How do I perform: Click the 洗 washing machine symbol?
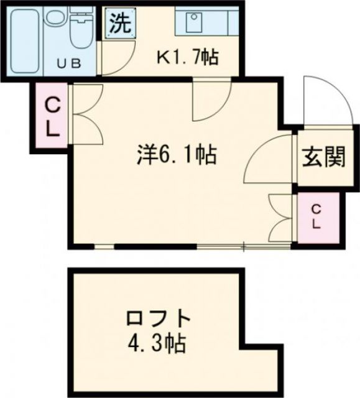pyautogui.click(x=119, y=24)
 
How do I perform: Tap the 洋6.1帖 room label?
pyautogui.click(x=177, y=155)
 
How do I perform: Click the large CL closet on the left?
pyautogui.click(x=52, y=117)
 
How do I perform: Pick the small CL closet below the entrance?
pyautogui.click(x=316, y=216)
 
